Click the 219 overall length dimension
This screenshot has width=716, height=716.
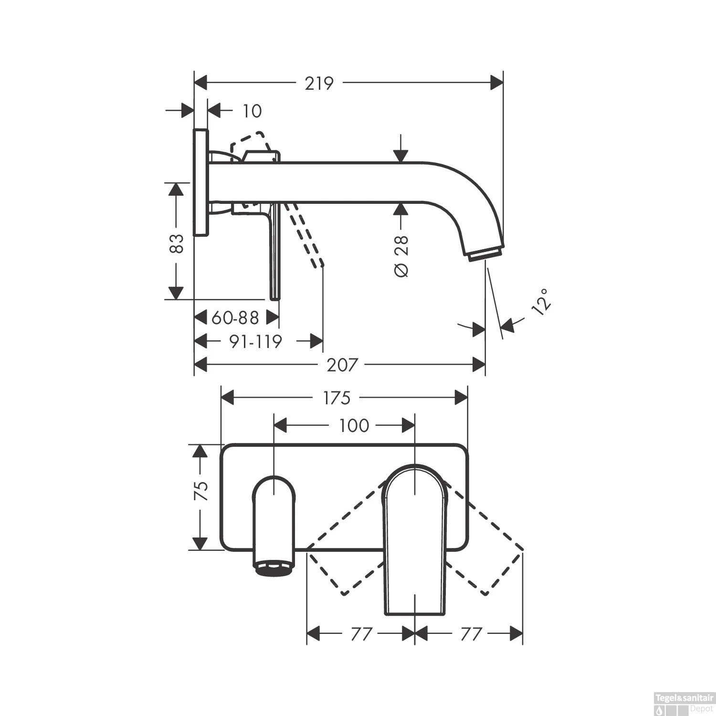319,83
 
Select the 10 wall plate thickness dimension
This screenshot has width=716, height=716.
252,111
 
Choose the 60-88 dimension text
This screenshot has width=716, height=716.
235,317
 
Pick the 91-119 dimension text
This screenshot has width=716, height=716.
255,341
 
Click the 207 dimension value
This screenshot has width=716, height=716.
342,365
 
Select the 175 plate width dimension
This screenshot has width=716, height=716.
337,398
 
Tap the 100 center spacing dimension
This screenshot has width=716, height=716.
354,425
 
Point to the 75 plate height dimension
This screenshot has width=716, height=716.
201,490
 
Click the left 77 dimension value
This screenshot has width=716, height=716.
361,634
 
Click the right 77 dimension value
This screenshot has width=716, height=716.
471,634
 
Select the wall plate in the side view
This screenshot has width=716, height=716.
201,182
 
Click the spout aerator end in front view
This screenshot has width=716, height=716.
274,569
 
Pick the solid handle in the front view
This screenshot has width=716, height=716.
415,539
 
